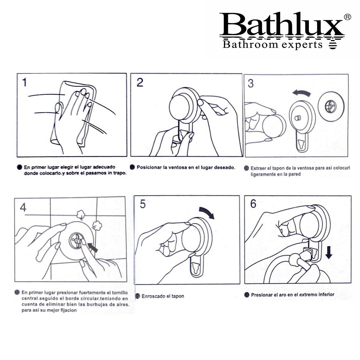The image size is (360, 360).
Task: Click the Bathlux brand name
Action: (282, 24)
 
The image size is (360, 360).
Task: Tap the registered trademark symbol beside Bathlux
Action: (347, 17)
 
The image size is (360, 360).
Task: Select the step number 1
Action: (24, 82)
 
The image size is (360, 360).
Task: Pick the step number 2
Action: (140, 82)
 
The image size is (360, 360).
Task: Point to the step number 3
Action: (251, 84)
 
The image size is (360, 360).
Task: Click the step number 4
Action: (23, 207)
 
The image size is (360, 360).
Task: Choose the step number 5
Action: (143, 204)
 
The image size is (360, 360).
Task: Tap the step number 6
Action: (253, 204)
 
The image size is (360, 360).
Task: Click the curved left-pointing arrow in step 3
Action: (302, 92)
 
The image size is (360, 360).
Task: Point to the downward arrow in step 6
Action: (329, 252)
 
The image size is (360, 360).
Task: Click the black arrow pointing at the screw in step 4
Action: (93, 248)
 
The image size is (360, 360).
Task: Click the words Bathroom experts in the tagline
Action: (273, 44)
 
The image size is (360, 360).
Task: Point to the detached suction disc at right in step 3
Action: (331, 107)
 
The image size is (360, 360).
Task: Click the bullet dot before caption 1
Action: (19, 167)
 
